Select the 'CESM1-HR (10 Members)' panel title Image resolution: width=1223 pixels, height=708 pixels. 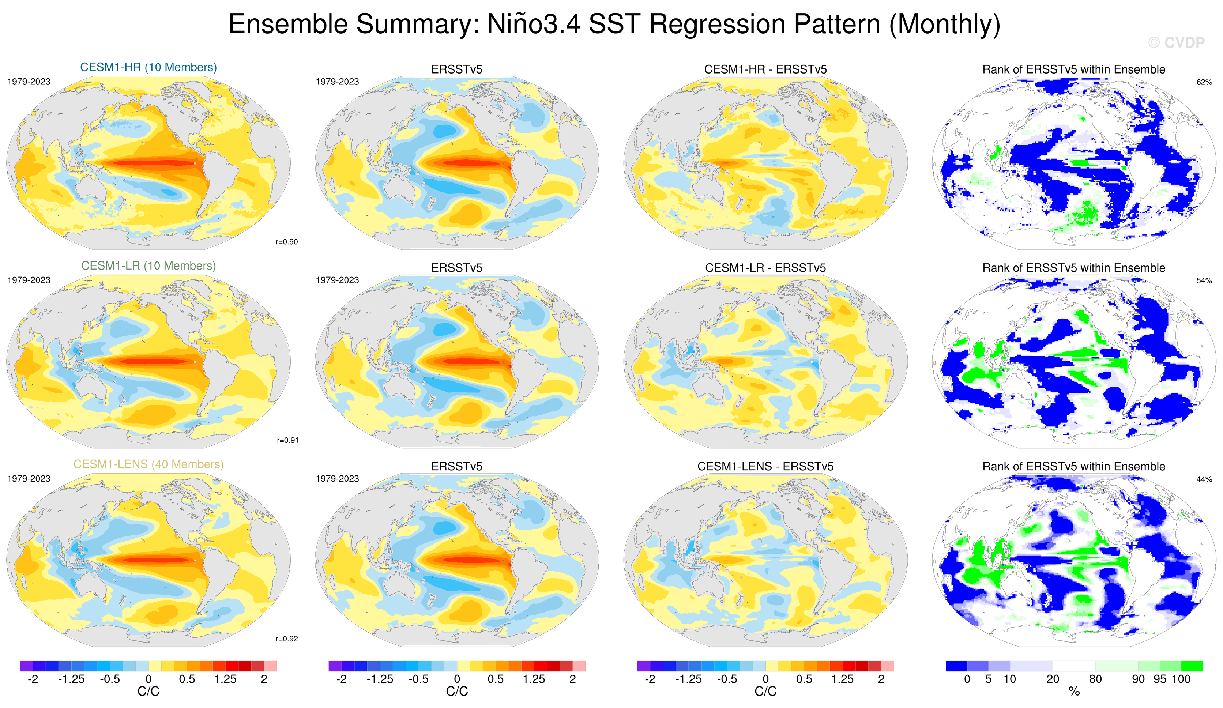point(148,67)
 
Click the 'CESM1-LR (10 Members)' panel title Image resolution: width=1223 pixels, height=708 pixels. point(148,266)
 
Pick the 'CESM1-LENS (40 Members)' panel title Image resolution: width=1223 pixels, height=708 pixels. point(148,464)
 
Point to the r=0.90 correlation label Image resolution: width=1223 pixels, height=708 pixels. point(286,242)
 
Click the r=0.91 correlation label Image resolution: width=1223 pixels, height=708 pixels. point(287,440)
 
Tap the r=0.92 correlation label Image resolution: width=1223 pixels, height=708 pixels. point(286,639)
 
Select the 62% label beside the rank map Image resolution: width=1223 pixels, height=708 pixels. point(1204,82)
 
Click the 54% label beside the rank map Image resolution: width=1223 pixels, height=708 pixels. point(1204,280)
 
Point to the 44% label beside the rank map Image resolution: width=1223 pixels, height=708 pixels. point(1204,479)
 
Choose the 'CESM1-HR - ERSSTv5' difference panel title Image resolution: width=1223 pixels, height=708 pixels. point(765,69)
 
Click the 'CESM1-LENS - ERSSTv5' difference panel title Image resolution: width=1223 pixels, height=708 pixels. point(765,466)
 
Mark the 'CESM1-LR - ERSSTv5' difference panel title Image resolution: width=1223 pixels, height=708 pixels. point(765,268)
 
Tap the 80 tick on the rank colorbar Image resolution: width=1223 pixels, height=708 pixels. point(1095,679)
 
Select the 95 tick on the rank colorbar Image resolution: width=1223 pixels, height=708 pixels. point(1159,679)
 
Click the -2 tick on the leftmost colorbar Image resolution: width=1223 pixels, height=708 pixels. point(33,679)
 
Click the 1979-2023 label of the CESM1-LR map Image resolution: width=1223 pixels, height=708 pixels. point(29,280)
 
